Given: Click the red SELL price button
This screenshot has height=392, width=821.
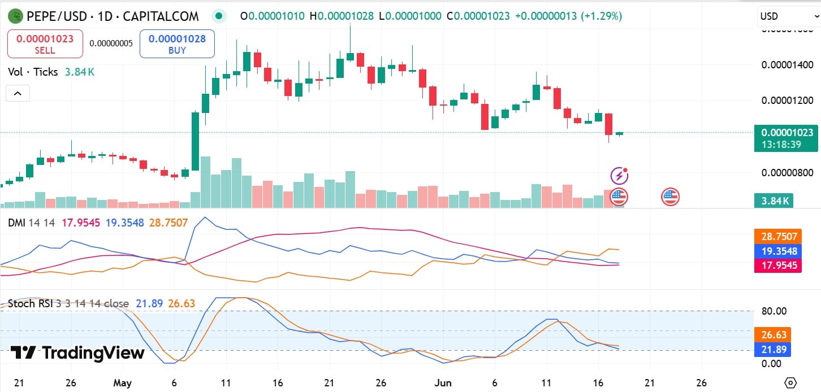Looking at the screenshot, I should [x=45, y=44].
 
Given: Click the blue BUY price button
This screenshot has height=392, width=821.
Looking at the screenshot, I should [x=177, y=44].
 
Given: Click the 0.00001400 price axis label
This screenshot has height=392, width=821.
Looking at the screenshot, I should [x=787, y=65].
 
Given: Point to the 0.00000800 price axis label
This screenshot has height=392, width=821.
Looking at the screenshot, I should [x=787, y=172].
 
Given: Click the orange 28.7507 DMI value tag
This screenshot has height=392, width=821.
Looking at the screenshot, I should [x=778, y=236].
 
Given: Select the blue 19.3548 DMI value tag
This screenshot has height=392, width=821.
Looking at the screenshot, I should [x=778, y=251].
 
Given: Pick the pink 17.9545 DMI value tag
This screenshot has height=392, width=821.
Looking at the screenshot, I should [x=778, y=265].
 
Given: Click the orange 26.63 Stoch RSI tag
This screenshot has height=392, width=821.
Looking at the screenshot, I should [x=773, y=335].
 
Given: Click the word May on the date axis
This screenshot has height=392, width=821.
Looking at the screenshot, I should [x=122, y=382].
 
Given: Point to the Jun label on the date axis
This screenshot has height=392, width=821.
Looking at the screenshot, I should [x=443, y=382].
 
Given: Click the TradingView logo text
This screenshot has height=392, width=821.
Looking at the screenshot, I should [x=78, y=353].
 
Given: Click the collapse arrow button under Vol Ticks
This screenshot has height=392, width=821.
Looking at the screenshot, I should [x=18, y=93].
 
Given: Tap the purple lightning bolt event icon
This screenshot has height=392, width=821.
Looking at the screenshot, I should [x=620, y=176].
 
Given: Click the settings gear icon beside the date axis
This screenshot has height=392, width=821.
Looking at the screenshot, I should [x=790, y=382].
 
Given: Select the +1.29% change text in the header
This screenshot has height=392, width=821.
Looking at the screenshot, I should [x=604, y=16].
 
